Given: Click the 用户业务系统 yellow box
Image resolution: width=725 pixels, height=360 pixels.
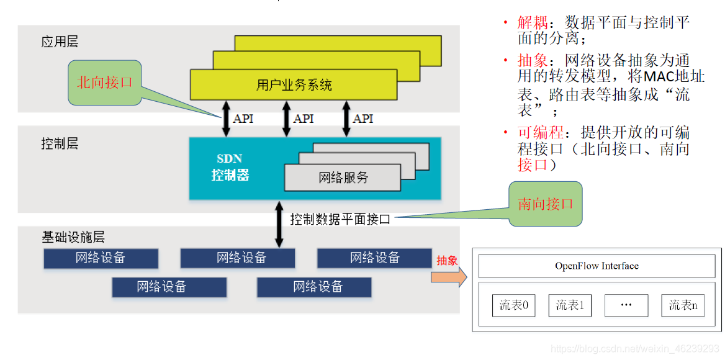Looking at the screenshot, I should coord(294,85).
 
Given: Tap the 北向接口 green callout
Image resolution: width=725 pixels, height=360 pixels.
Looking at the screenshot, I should coord(105,83).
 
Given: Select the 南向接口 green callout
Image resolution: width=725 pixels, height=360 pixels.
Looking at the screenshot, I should coord(546,204).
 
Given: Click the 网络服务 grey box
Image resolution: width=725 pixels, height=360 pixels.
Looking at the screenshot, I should coord(343,178).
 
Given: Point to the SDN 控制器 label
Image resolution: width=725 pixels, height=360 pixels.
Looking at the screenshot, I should coord(230,168).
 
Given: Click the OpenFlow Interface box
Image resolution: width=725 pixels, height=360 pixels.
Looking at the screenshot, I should coord(597,266).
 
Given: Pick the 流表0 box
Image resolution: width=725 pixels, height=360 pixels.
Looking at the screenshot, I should coord(513,305).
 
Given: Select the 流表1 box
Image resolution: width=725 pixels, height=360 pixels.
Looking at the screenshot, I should coord(570,305).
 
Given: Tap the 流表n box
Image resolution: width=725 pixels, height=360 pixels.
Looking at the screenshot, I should coord(683,305).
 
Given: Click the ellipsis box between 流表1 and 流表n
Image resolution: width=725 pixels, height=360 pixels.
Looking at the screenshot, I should coord(626,305).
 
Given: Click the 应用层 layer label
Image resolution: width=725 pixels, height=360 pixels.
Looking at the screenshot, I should coord(60,42).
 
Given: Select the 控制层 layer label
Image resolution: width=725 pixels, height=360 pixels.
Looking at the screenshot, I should coord(60,144).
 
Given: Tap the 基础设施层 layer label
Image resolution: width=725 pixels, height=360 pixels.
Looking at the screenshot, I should coord(73,237).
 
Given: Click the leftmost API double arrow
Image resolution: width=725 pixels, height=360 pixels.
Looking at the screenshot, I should coord(226,119).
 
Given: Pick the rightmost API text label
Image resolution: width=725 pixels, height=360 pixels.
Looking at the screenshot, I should coord(363,119).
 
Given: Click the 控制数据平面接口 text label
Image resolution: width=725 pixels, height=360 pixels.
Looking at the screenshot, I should coord(340,219).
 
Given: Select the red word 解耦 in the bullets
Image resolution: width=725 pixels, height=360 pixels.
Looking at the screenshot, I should coord(533,23).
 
